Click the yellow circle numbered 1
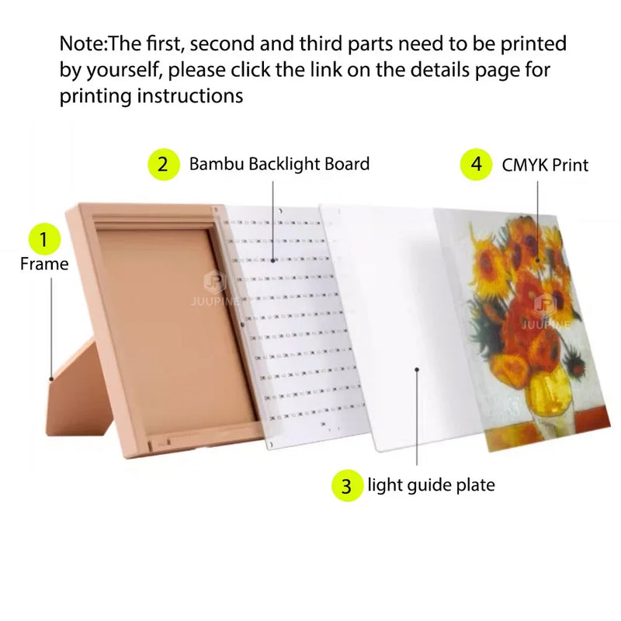pyautogui.click(x=45, y=239)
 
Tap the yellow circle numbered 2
pyautogui.click(x=163, y=165)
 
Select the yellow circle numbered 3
pyautogui.click(x=347, y=486)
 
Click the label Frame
pyautogui.click(x=44, y=264)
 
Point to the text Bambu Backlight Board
pyautogui.click(x=279, y=165)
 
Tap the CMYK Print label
pyautogui.click(x=545, y=165)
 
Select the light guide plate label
pyautogui.click(x=431, y=486)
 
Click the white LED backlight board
pyautogui.click(x=279, y=326)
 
